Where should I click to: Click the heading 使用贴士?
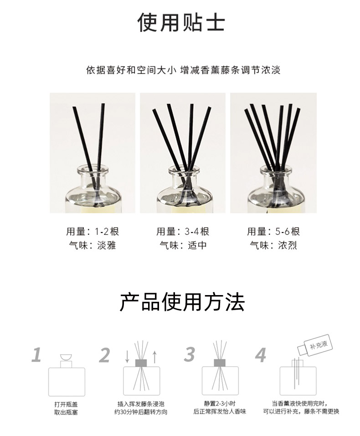(x=181, y=22)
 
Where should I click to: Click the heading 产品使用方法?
(x=182, y=302)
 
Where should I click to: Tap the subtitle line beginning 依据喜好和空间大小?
(x=183, y=70)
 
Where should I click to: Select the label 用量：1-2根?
(x=93, y=231)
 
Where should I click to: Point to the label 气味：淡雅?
(x=93, y=245)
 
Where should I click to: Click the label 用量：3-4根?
(x=183, y=231)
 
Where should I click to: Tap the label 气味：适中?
(x=183, y=245)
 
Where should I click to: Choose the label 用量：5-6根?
(x=273, y=231)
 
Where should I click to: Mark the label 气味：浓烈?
(x=273, y=245)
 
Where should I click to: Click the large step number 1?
(x=36, y=355)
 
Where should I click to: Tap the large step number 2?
(x=105, y=355)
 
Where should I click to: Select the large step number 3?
(x=190, y=354)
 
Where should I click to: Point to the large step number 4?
(x=261, y=355)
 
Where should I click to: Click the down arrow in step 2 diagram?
(x=127, y=357)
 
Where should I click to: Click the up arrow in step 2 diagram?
(x=155, y=357)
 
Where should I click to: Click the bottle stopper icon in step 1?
(x=67, y=357)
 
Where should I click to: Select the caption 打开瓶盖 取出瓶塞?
(x=66, y=408)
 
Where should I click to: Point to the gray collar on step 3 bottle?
(x=220, y=363)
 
